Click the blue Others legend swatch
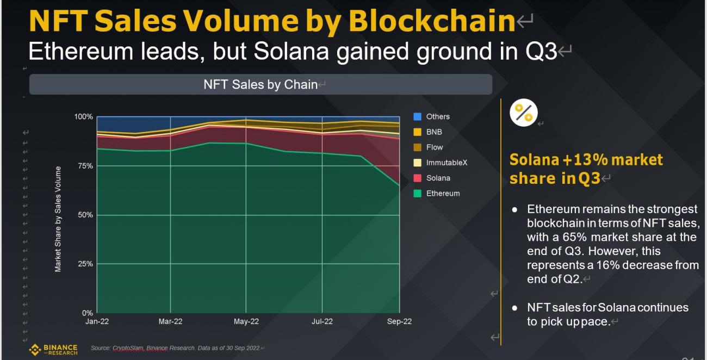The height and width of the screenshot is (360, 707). point(418,116)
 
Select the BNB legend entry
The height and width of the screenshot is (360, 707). point(434,132)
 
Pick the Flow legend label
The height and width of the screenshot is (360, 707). point(435,147)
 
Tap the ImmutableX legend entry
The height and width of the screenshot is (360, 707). point(446,163)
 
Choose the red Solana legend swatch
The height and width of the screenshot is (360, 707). point(418,178)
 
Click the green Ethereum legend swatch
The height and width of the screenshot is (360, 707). point(418,193)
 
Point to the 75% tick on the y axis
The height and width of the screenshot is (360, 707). point(85,166)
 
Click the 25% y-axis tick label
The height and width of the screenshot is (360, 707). point(85,264)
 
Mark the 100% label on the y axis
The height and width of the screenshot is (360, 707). point(83,117)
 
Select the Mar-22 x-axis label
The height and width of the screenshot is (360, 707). point(171,321)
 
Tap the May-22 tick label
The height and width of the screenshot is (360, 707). point(246,321)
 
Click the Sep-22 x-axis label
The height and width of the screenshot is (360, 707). point(399,321)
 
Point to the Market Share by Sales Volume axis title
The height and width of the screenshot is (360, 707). point(58,219)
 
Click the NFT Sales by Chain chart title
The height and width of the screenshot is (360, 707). point(261,84)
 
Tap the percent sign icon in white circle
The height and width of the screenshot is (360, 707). point(524,113)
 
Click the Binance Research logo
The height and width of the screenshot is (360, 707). point(53,349)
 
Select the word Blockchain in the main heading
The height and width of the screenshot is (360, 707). point(431,22)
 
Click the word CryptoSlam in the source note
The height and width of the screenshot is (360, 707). point(127,348)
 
